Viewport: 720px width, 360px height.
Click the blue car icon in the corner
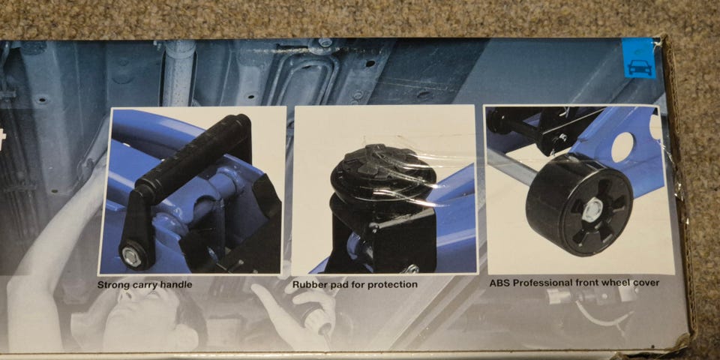[639, 58]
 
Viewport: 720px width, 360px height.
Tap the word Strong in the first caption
[111, 285]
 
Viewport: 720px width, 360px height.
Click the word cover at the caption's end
[647, 283]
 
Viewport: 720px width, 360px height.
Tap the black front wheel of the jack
[580, 204]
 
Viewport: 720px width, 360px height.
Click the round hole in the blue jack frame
[622, 148]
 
